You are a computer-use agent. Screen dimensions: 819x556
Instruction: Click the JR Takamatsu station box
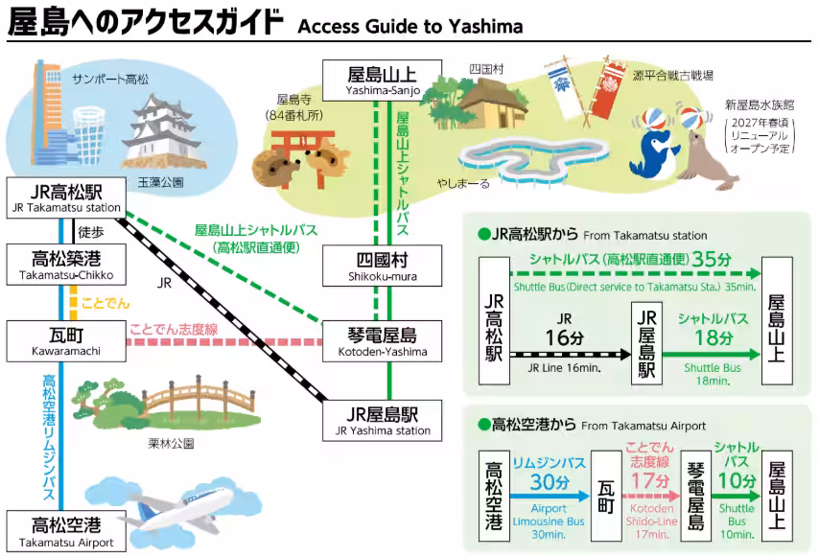tap(66, 197)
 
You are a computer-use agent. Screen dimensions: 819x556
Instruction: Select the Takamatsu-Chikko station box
tap(66, 265)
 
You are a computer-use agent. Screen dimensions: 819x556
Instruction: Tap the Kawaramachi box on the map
tap(66, 341)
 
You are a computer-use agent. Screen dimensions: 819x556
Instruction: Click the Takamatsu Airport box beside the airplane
tap(66, 531)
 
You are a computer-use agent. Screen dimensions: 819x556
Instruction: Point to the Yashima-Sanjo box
tap(383, 81)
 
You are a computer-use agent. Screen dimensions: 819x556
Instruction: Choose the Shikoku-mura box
tap(383, 266)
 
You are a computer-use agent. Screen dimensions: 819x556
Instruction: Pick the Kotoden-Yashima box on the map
tap(383, 341)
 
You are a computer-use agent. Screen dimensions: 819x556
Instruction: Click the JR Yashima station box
tap(383, 421)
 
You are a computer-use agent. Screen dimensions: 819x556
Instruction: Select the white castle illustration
tap(160, 133)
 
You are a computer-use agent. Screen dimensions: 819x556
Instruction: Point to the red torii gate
tap(303, 156)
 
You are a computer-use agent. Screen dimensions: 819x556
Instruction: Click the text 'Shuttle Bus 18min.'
tap(713, 374)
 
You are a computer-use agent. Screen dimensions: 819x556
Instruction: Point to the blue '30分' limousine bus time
tap(550, 481)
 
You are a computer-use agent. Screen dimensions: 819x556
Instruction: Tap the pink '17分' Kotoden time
tap(650, 480)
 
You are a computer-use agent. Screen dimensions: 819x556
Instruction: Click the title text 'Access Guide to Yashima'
tap(410, 26)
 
